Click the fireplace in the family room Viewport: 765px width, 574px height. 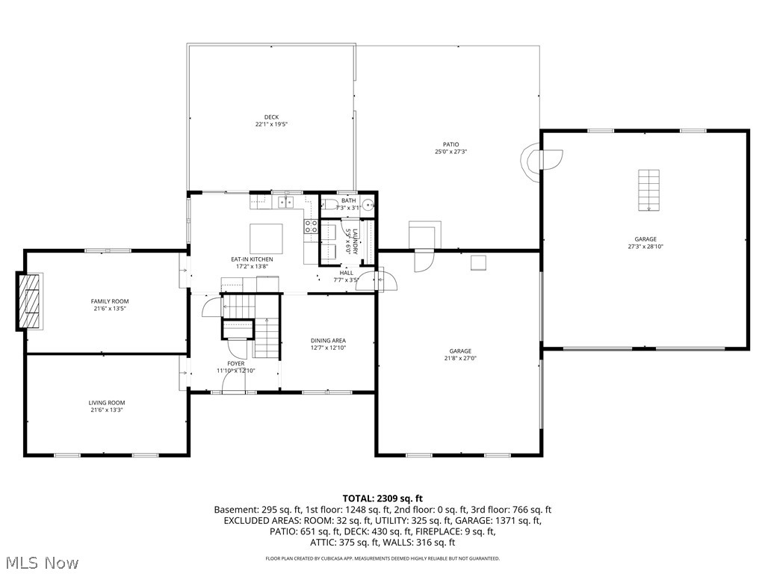tap(30, 301)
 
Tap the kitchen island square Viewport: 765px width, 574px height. tap(265, 238)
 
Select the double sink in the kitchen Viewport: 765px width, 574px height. tap(286, 202)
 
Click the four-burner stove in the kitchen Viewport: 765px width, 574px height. tap(311, 226)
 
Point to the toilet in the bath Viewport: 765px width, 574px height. tap(329, 204)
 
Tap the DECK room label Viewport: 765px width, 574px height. tap(271, 117)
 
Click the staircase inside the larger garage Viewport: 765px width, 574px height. tap(648, 190)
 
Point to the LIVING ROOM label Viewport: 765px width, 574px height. tap(107, 403)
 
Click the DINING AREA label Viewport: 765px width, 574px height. tap(328, 340)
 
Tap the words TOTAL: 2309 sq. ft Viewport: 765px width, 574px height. tap(382, 498)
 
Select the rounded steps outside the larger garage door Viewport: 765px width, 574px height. tap(541, 159)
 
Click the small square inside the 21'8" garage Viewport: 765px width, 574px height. tap(478, 262)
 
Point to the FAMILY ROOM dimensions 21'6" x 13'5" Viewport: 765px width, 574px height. tap(110, 308)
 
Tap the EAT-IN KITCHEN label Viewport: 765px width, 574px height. tap(252, 259)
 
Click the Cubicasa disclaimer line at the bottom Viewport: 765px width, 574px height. tap(382, 558)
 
